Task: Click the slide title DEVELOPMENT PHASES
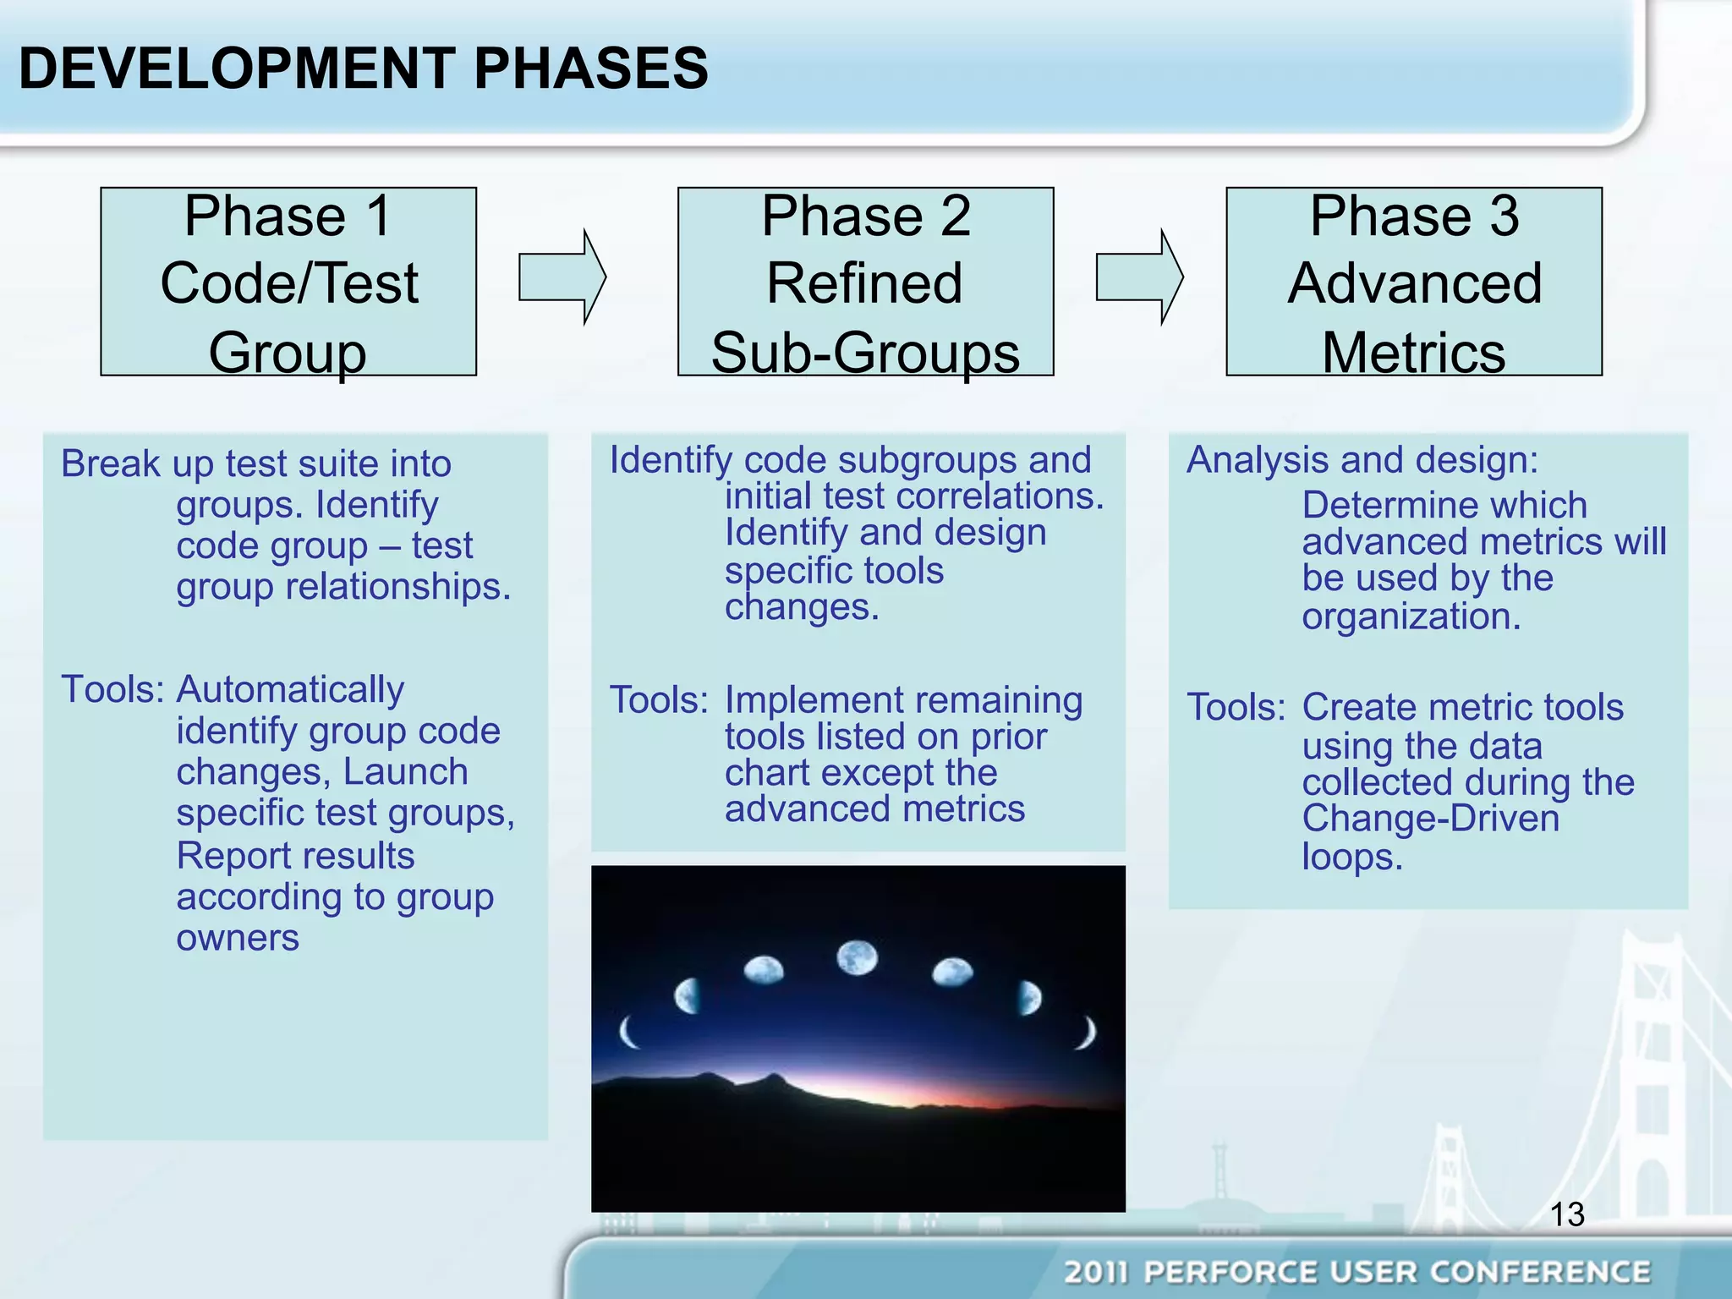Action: pos(364,69)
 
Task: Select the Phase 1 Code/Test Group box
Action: pos(288,282)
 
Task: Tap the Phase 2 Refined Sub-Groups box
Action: pos(865,282)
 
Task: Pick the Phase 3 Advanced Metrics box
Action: pos(1414,282)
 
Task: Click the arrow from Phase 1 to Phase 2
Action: pos(561,277)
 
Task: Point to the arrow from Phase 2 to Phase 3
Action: pos(1138,277)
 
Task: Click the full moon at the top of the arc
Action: pos(857,958)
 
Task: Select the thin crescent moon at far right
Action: pos(1088,1033)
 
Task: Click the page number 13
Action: pos(1566,1214)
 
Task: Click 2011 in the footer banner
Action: pos(1096,1272)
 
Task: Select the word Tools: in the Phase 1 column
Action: pos(112,689)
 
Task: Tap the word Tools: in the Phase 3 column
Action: pos(1236,707)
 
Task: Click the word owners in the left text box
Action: pos(238,938)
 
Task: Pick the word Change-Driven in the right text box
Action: pos(1430,819)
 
